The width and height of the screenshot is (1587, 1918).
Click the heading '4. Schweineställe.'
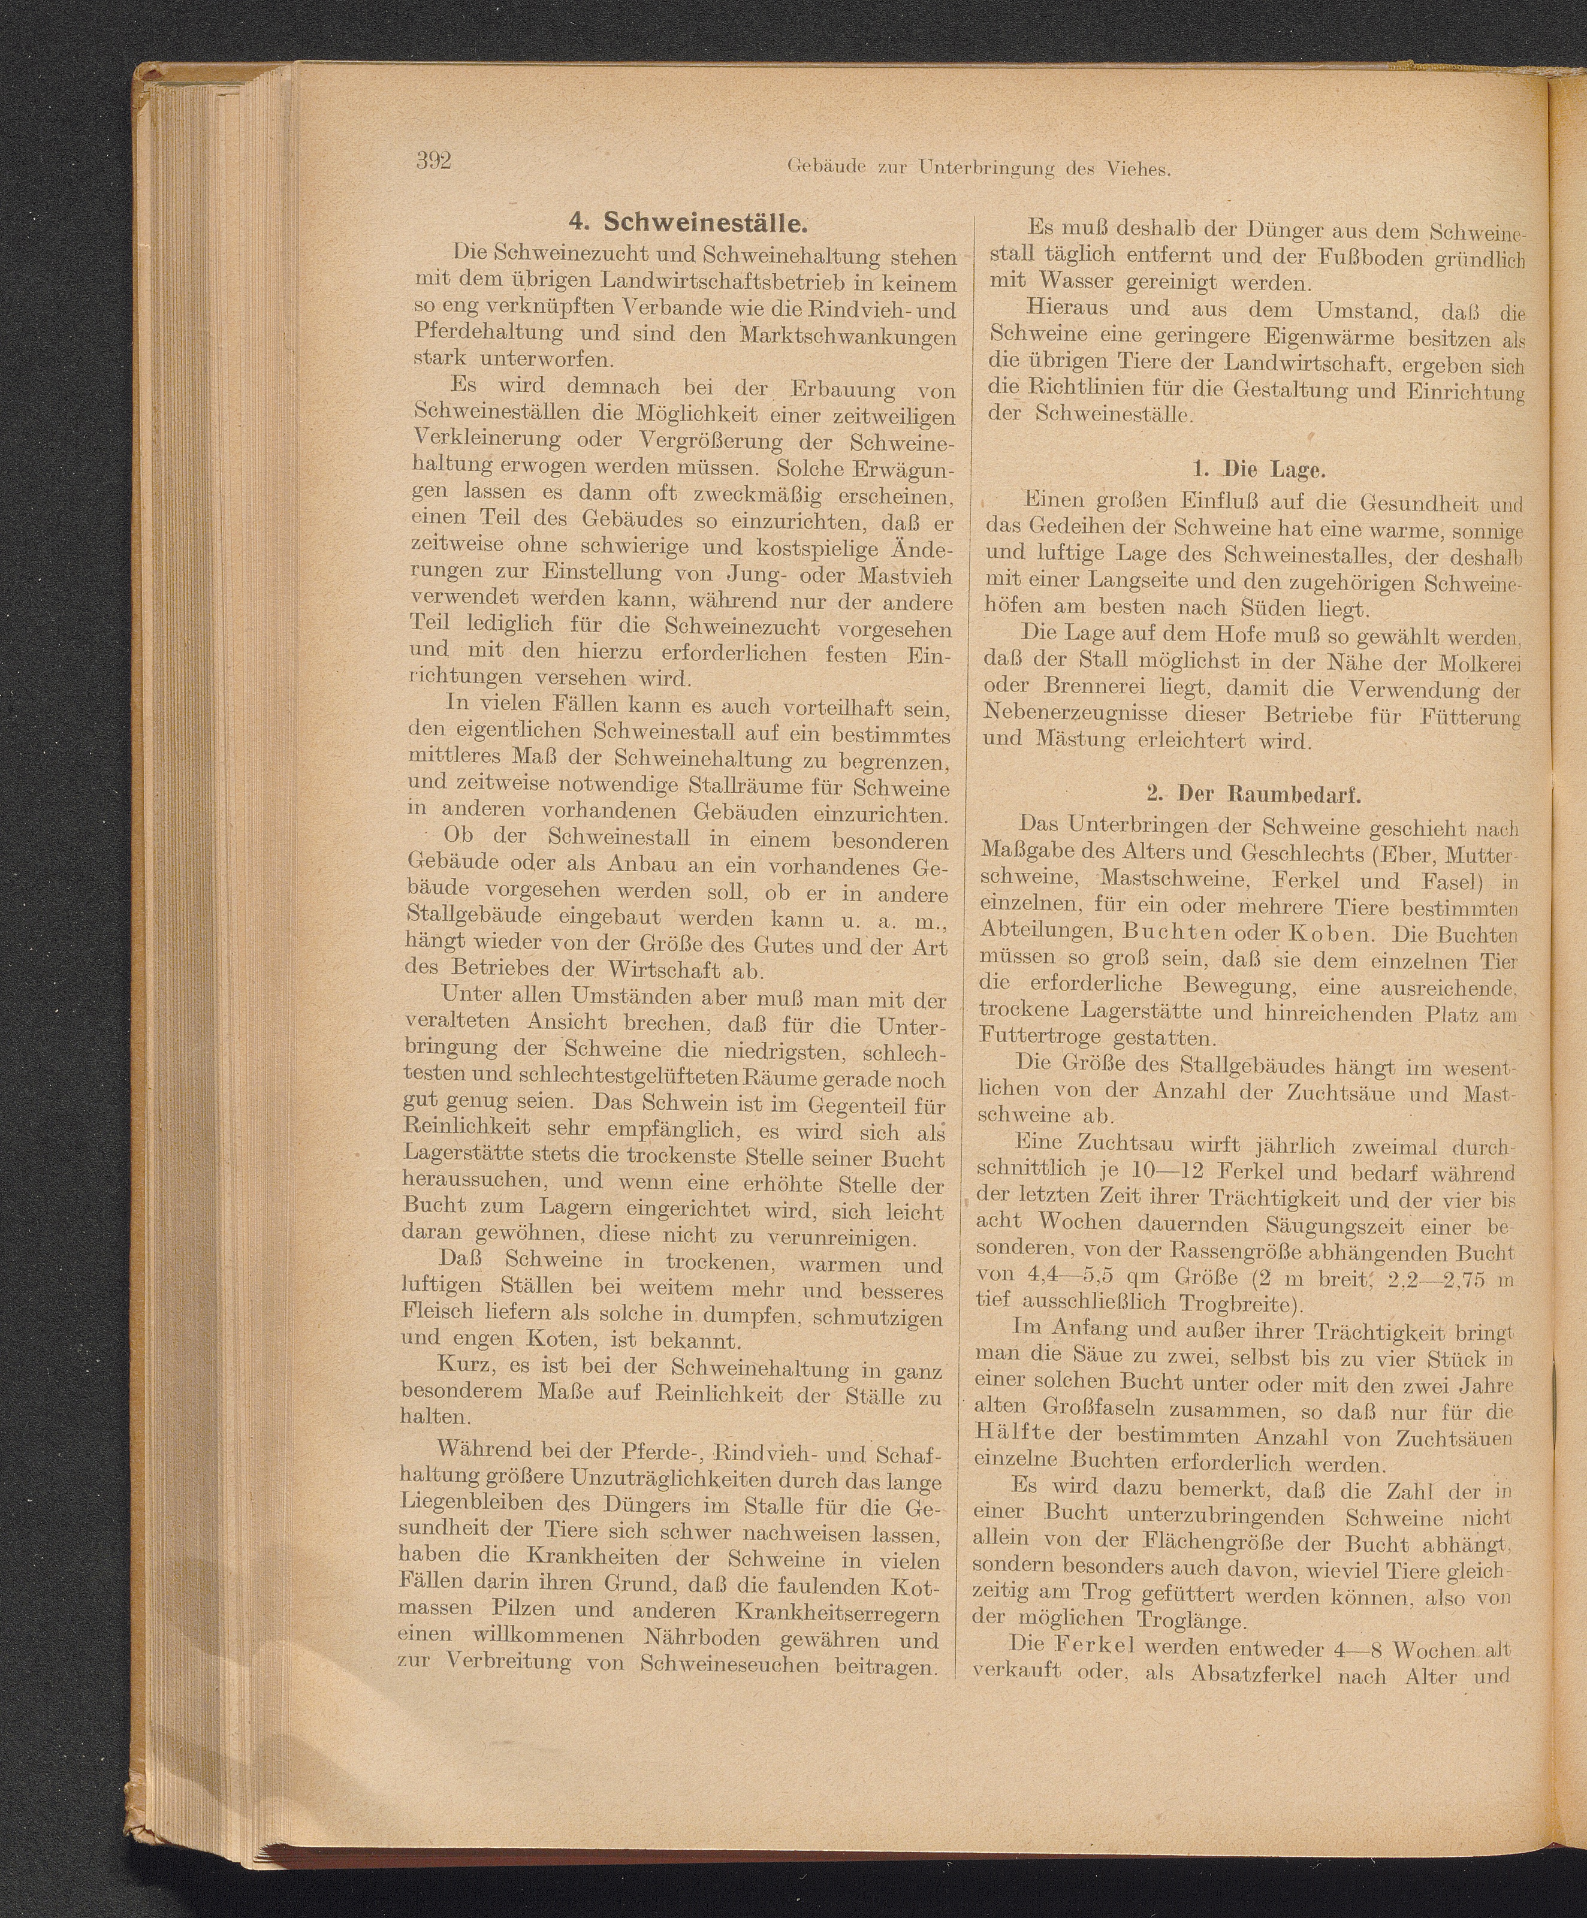687,223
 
